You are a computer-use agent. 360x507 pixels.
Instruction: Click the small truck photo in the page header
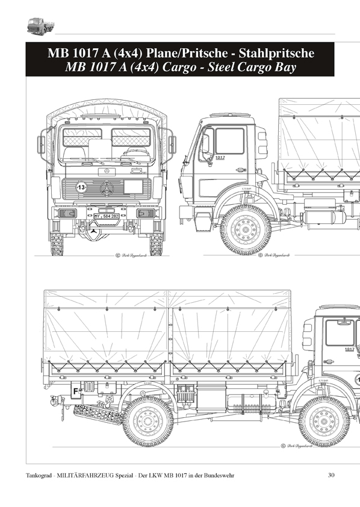(x=39, y=26)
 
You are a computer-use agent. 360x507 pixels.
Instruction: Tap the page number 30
(x=331, y=476)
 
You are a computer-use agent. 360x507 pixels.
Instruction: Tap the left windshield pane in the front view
(x=82, y=137)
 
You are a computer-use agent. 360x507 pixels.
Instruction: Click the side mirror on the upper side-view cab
(x=205, y=145)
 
